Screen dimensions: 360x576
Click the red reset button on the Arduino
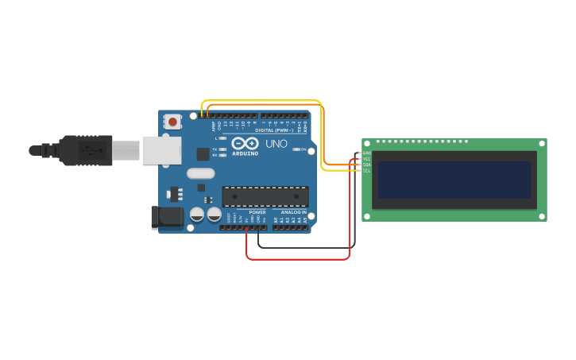[x=172, y=122]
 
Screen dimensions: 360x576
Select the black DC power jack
[x=163, y=217]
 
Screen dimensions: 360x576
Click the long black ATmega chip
[x=265, y=196]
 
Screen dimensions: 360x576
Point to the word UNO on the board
[x=276, y=144]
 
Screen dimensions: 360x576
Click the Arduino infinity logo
[x=245, y=143]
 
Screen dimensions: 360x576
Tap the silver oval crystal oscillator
[x=201, y=173]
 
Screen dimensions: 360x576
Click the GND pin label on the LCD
[x=367, y=153]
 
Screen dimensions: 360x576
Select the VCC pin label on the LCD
[x=367, y=159]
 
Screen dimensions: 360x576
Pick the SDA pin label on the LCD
[x=367, y=165]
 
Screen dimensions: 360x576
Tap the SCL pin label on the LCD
[x=367, y=170]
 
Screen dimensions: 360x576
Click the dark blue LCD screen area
[x=454, y=180]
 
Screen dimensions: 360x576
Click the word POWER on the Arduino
[x=257, y=212]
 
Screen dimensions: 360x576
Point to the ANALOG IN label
[x=292, y=212]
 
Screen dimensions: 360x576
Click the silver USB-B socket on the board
[x=162, y=149]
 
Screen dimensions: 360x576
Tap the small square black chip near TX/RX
[x=203, y=154]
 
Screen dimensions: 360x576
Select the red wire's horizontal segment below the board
[x=298, y=258]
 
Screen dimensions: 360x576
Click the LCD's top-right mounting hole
[x=542, y=144]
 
